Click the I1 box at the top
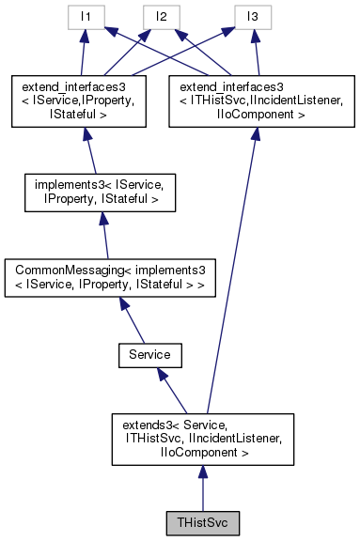click(85, 17)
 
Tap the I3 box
click(252, 17)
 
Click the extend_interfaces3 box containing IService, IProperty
click(85, 98)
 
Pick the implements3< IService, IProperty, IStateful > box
click(89, 191)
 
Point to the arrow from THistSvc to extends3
click(203, 490)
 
